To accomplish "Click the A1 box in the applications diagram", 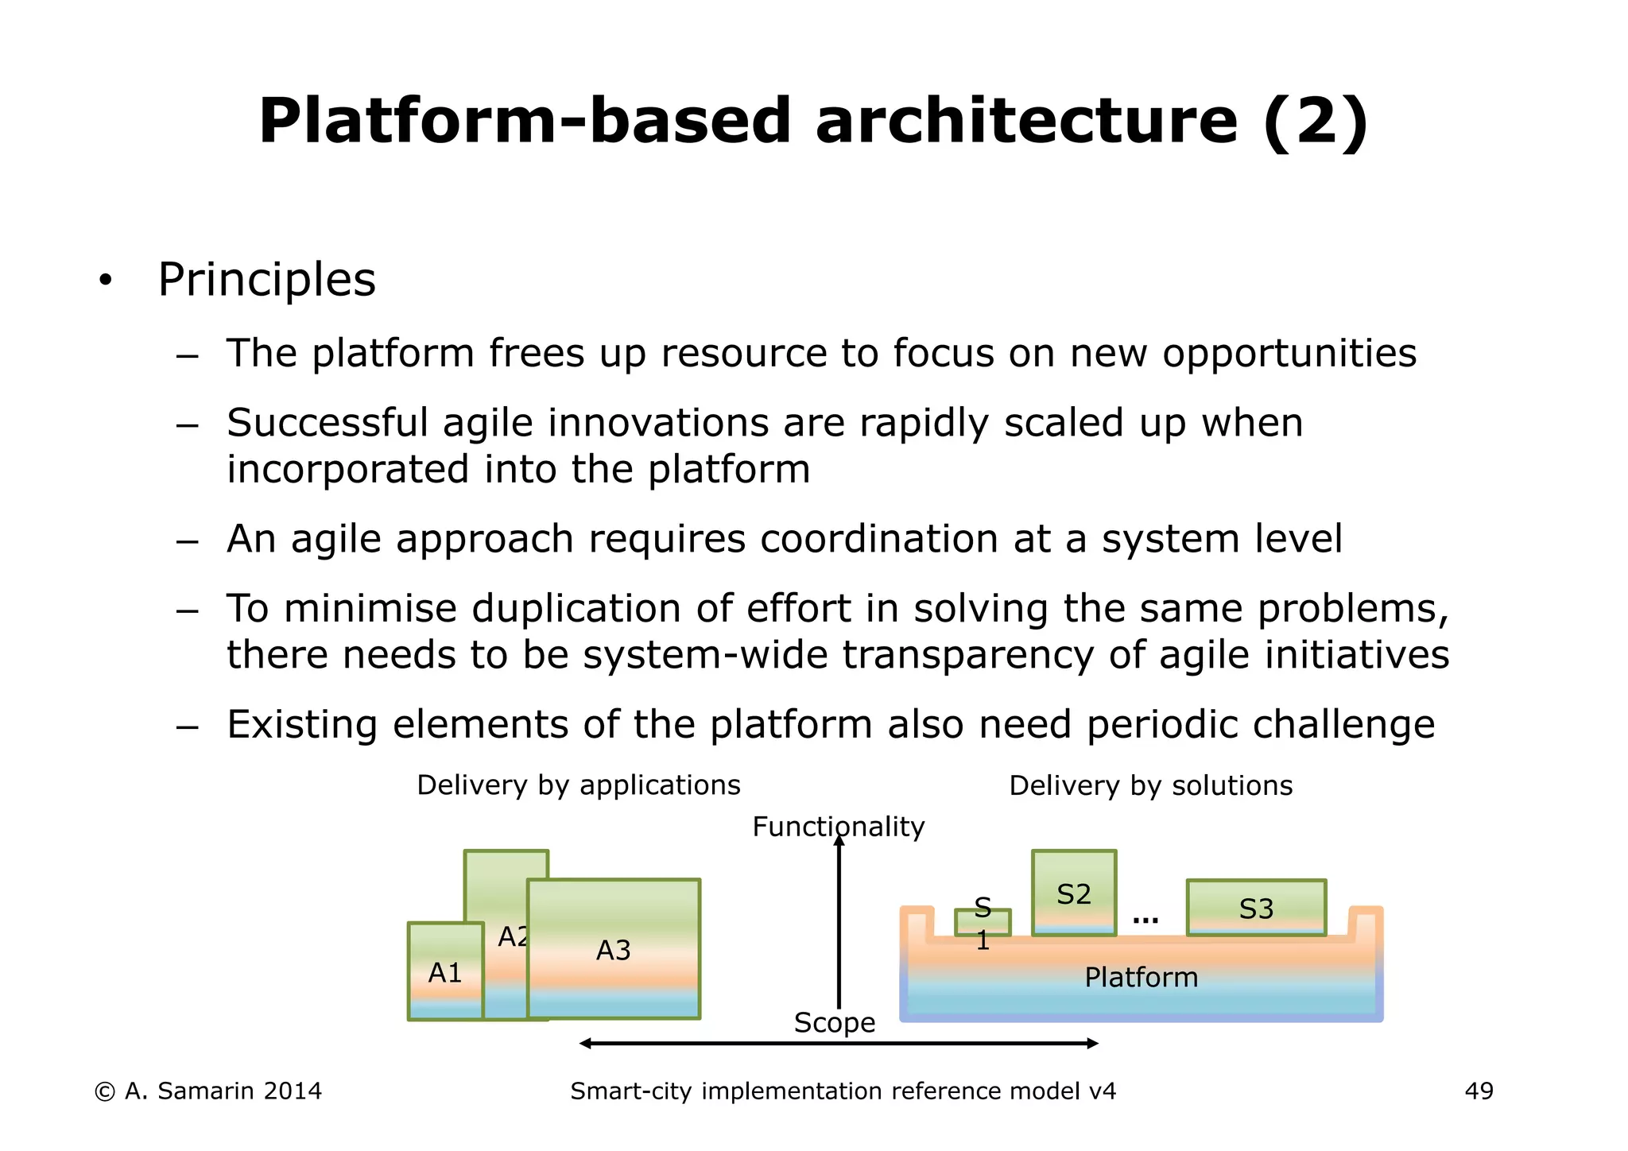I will [445, 971].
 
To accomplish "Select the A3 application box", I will [614, 949].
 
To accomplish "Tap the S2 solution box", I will [1074, 893].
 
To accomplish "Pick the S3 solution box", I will [1256, 908].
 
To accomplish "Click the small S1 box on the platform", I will [983, 922].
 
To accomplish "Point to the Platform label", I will [1141, 977].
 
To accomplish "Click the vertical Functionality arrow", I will [839, 922].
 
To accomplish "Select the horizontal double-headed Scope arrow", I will [839, 1043].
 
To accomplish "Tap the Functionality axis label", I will [839, 827].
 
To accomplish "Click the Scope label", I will [834, 1022].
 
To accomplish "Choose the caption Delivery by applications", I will [578, 785].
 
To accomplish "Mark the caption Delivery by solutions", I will [1150, 785].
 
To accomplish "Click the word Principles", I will [266, 280].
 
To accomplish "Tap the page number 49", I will [1479, 1091].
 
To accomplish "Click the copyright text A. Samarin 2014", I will [208, 1091].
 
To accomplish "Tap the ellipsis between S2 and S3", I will [1145, 919].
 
